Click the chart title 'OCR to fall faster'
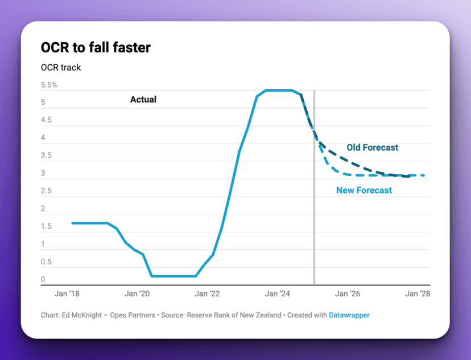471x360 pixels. pyautogui.click(x=96, y=47)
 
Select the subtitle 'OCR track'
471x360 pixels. pyautogui.click(x=61, y=68)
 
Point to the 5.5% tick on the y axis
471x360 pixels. pyautogui.click(x=49, y=85)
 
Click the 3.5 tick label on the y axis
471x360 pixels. pyautogui.click(x=46, y=155)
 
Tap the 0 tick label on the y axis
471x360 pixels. pyautogui.click(x=43, y=279)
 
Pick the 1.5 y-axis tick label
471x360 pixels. pyautogui.click(x=46, y=226)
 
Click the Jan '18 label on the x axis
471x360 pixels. pyautogui.click(x=67, y=294)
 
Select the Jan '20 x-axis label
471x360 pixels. pyautogui.click(x=137, y=294)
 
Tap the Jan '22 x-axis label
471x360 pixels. pyautogui.click(x=207, y=294)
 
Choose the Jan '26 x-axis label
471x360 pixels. pyautogui.click(x=348, y=294)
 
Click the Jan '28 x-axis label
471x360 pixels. pyautogui.click(x=418, y=294)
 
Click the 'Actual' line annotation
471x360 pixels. pyautogui.click(x=143, y=100)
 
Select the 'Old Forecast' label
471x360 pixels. pyautogui.click(x=373, y=148)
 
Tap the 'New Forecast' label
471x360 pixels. pyautogui.click(x=364, y=191)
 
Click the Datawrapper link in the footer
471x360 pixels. pyautogui.click(x=349, y=315)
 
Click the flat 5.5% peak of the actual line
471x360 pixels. pyautogui.click(x=279, y=90)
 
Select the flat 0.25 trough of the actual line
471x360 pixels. pyautogui.click(x=173, y=276)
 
